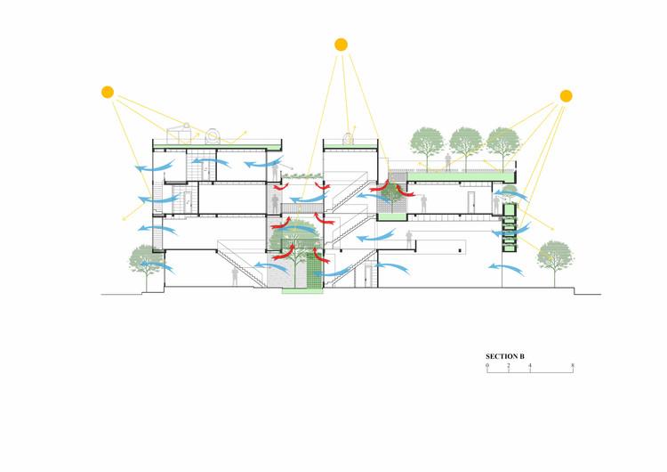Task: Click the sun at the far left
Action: pos(108,92)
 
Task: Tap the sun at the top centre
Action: pos(341,44)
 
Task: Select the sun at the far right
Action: pos(567,95)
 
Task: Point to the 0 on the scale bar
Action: pos(487,365)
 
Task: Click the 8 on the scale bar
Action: pos(573,365)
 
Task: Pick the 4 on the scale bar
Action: pos(530,365)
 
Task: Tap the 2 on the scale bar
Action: pos(509,365)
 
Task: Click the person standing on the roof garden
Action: pos(448,162)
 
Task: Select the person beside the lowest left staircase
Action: pos(236,275)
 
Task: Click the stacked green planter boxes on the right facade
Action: pos(509,227)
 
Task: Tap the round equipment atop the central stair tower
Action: pos(348,137)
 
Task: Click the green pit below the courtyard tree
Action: pos(300,293)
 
